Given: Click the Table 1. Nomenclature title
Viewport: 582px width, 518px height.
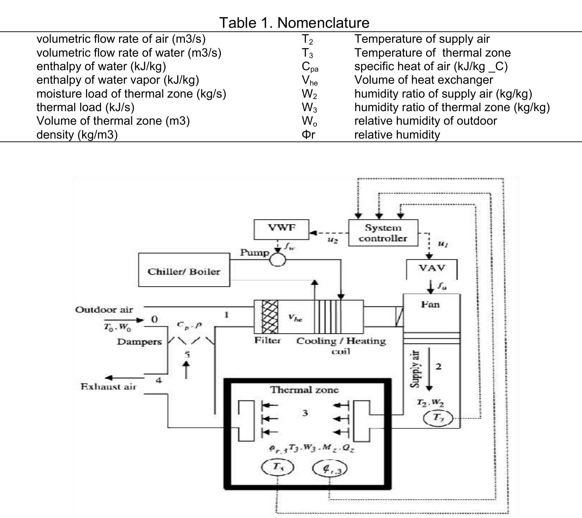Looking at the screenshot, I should [294, 23].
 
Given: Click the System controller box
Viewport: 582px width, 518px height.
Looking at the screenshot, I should [383, 233].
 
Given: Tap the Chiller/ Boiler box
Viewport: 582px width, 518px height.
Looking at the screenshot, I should [184, 270].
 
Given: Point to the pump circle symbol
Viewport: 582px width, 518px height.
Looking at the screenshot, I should [278, 260].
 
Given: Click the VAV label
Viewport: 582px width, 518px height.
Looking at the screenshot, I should [432, 268].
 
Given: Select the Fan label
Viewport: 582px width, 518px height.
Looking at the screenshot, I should [430, 305].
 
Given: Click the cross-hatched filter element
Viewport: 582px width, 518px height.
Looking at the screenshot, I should [270, 316].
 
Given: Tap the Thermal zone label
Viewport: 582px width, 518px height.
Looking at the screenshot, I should [304, 390].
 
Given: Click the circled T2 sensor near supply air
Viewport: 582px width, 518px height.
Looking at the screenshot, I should [438, 418].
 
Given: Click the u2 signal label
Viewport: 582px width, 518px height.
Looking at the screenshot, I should [333, 240].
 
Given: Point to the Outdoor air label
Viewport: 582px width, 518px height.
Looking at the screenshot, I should [104, 310].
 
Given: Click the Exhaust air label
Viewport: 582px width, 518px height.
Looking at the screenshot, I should [108, 387].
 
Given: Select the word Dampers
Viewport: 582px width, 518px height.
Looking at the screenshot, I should [139, 342].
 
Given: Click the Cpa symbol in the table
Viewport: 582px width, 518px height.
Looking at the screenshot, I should [310, 67].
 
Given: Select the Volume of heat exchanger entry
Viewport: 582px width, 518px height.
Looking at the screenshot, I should [424, 80].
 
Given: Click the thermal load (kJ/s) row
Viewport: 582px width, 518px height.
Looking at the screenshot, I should [85, 107].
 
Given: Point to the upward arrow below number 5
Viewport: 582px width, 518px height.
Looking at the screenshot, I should [186, 370].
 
